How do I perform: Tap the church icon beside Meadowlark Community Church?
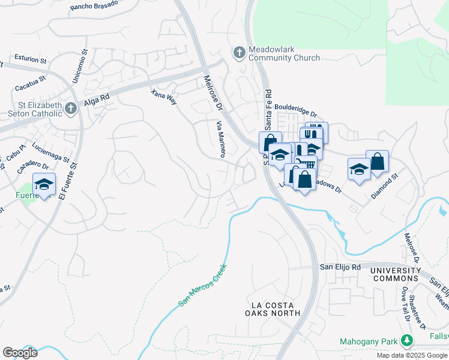click(x=239, y=53)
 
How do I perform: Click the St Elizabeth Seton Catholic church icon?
click(x=71, y=109)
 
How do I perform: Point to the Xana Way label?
click(x=164, y=97)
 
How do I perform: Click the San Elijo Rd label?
click(x=340, y=267)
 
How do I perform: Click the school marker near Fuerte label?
click(x=44, y=184)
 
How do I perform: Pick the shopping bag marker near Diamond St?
click(x=377, y=161)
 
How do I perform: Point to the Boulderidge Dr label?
click(x=296, y=112)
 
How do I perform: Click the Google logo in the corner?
click(x=20, y=353)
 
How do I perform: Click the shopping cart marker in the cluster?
click(x=307, y=163)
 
